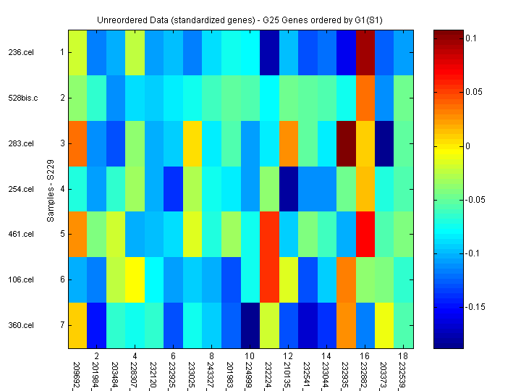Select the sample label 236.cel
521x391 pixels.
click(x=20, y=52)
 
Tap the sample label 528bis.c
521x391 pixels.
click(x=23, y=98)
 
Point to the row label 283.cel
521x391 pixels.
click(x=20, y=143)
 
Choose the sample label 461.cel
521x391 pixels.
click(x=20, y=234)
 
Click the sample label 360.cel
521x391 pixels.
click(x=20, y=325)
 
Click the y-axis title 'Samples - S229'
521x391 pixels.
click(x=51, y=190)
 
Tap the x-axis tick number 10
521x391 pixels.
click(x=250, y=357)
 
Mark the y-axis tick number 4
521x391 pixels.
click(x=62, y=189)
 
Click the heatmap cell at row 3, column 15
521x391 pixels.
click(x=346, y=143)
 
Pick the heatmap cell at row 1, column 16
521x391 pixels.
click(x=365, y=52)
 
